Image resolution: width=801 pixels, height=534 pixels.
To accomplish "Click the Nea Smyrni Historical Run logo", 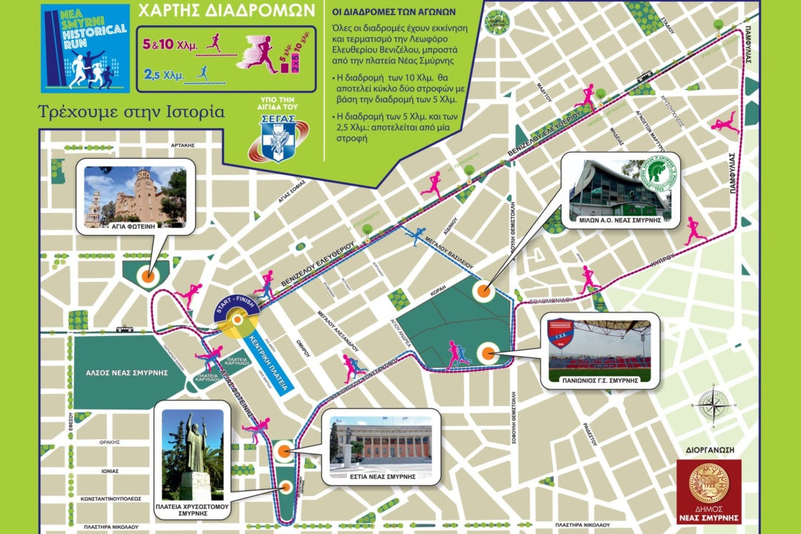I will tap(85, 50).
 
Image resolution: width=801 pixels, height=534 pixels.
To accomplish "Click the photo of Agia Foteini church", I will tap(136, 196).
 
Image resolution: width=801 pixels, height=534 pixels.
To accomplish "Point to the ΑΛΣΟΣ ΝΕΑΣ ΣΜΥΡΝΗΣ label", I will tap(121, 372).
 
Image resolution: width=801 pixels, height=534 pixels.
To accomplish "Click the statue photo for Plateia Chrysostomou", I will tap(191, 454).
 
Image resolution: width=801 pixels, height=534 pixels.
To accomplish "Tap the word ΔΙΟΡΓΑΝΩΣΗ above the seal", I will tap(708, 448).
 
